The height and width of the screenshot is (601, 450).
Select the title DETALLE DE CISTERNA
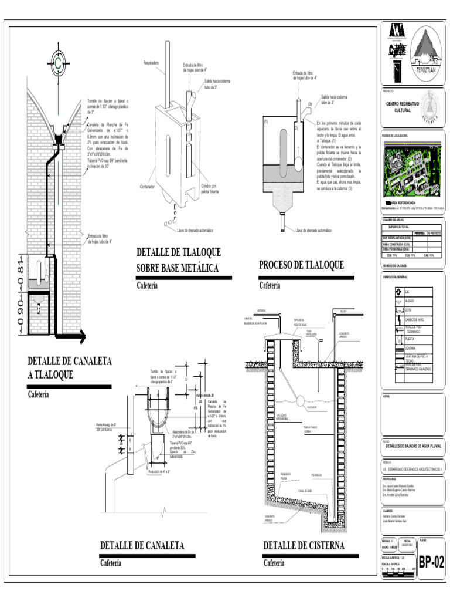(304, 546)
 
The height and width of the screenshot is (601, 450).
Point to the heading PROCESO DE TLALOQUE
(301, 266)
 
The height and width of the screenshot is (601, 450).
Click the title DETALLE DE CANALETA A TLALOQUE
(69, 367)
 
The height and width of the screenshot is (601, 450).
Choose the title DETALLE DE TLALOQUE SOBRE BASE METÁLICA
(179, 260)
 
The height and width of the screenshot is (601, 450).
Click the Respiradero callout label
(152, 61)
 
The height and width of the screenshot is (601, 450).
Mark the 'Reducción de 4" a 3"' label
(160, 471)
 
